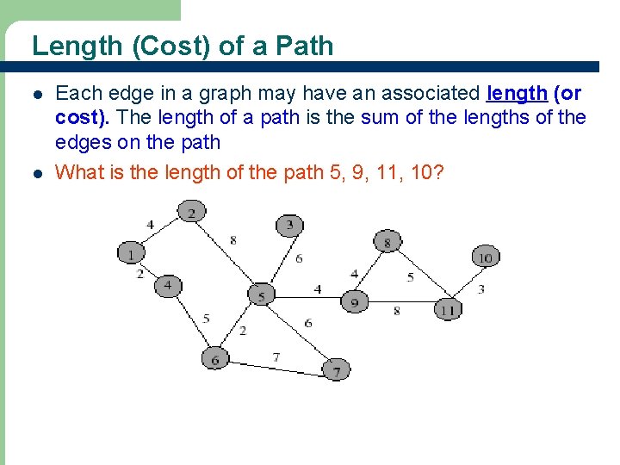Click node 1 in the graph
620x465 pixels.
[131, 254]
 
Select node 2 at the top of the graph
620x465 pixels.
[192, 212]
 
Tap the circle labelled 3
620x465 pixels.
[289, 226]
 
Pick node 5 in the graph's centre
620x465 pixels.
[261, 295]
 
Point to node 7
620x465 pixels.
[336, 371]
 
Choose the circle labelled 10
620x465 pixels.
[486, 257]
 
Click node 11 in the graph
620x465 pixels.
[447, 309]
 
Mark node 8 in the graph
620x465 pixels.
[387, 243]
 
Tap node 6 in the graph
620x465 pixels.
[215, 358]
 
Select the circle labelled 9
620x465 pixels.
[354, 302]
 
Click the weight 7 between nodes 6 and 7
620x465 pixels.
[276, 356]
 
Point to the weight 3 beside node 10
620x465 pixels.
[480, 288]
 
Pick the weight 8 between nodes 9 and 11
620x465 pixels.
[396, 310]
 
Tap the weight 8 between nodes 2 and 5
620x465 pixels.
[232, 240]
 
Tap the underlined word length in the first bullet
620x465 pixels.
[517, 93]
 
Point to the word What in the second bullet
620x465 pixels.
[78, 172]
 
